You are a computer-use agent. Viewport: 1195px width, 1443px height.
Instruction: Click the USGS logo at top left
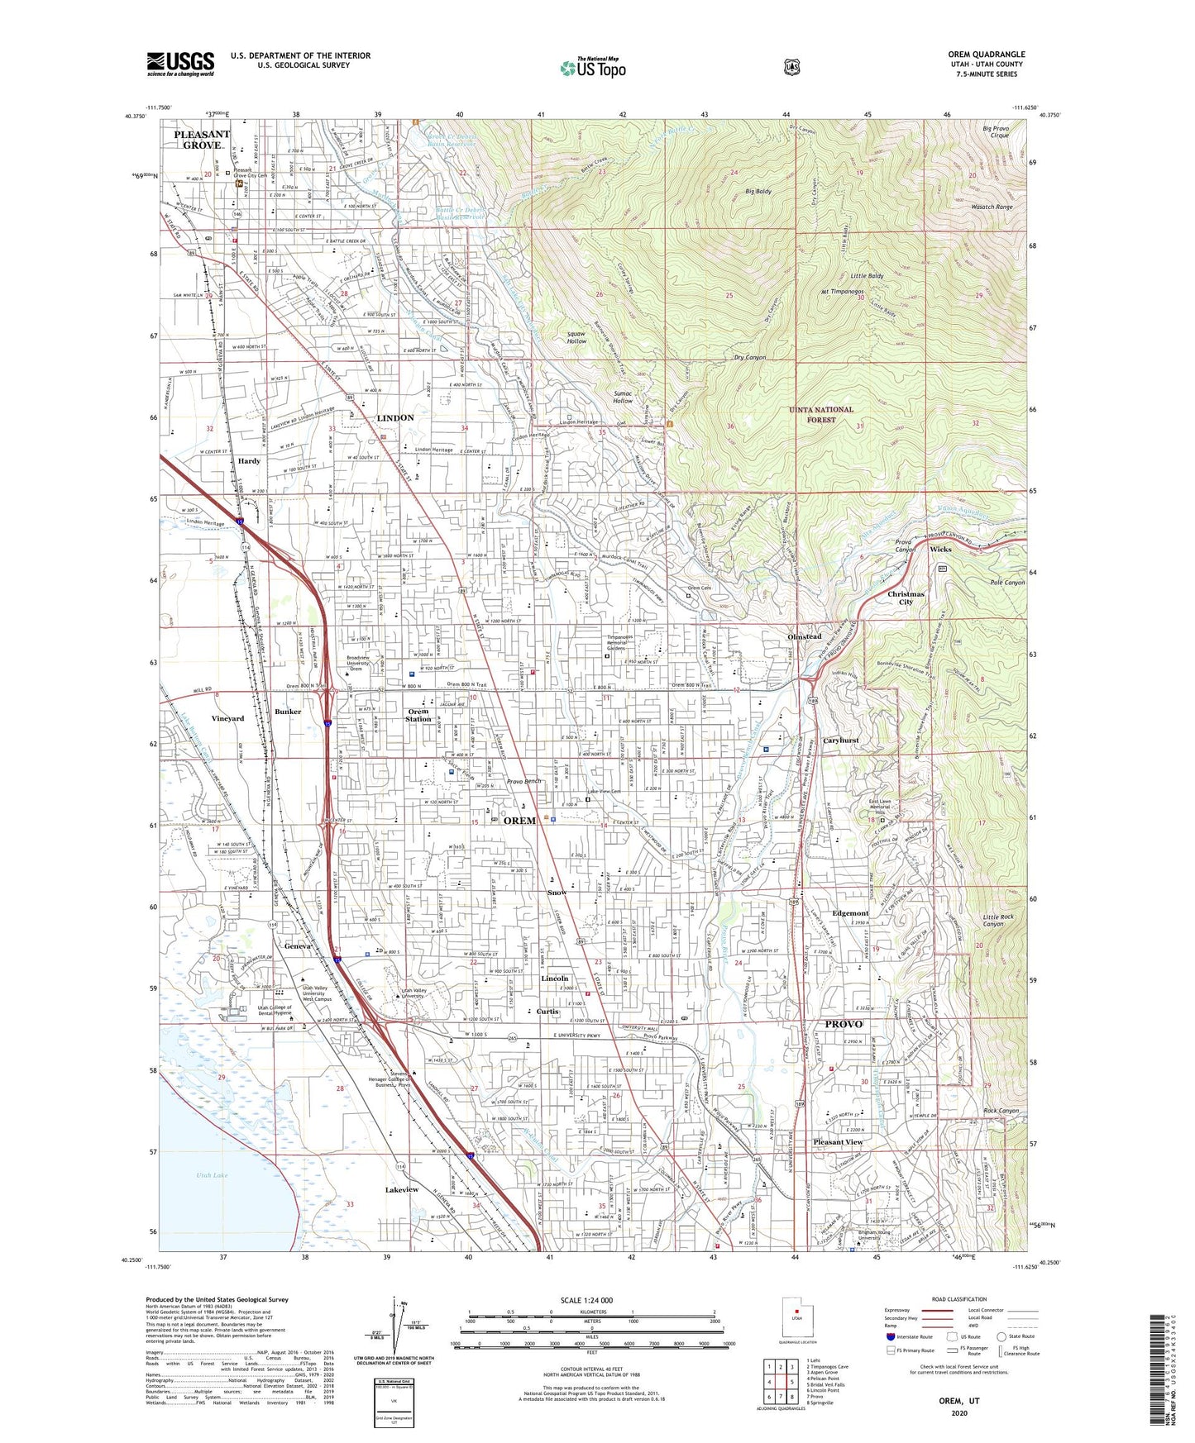(180, 64)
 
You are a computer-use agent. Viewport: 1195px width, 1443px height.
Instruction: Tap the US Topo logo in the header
(591, 68)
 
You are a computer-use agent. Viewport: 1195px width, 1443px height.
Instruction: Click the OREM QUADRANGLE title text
(986, 55)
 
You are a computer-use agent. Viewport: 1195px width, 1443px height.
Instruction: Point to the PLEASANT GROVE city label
(202, 140)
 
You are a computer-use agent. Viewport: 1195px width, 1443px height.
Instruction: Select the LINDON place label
(395, 418)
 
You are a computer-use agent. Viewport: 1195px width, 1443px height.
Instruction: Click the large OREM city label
(519, 821)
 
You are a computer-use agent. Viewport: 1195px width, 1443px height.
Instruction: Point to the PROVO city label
(844, 1024)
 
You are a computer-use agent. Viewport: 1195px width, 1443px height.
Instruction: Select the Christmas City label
(906, 598)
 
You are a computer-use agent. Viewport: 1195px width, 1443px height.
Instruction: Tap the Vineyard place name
(227, 718)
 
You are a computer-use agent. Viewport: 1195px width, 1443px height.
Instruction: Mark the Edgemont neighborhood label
(850, 913)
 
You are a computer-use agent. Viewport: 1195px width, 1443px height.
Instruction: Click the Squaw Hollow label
(576, 337)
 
